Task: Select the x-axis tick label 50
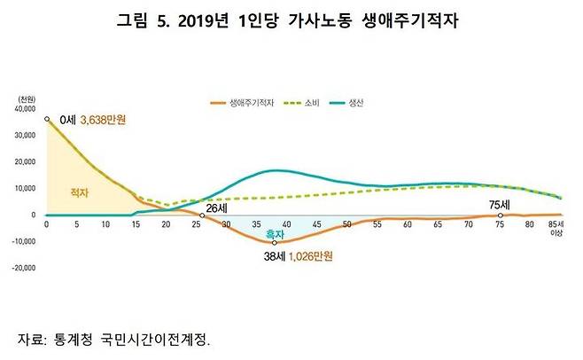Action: click(346, 224)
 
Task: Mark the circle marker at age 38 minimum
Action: click(275, 242)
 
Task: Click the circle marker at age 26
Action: click(203, 215)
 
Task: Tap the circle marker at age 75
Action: click(501, 215)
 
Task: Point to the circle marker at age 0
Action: click(46, 119)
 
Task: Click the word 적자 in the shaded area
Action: click(82, 192)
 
